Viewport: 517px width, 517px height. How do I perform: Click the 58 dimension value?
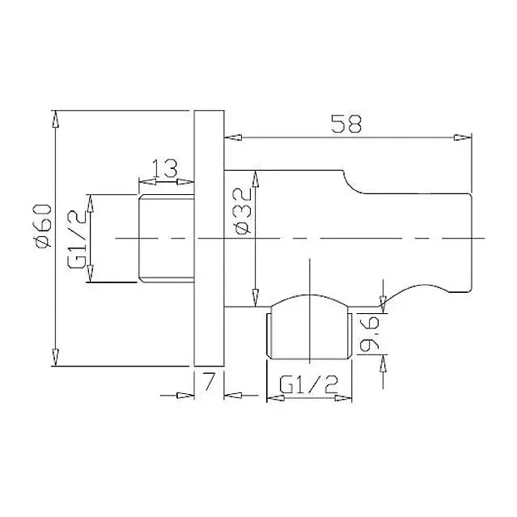point(346,124)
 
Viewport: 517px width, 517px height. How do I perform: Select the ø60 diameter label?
point(44,226)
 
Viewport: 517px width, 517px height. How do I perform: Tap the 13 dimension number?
point(164,168)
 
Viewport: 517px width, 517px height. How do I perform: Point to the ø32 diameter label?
point(243,211)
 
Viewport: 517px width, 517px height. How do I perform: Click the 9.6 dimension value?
point(369,333)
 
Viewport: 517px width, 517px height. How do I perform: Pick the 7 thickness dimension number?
point(209,381)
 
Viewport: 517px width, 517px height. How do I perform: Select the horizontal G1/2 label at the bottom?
point(309,385)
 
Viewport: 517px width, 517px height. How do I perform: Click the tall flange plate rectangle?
point(209,238)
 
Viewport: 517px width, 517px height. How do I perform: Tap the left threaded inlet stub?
point(166,239)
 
